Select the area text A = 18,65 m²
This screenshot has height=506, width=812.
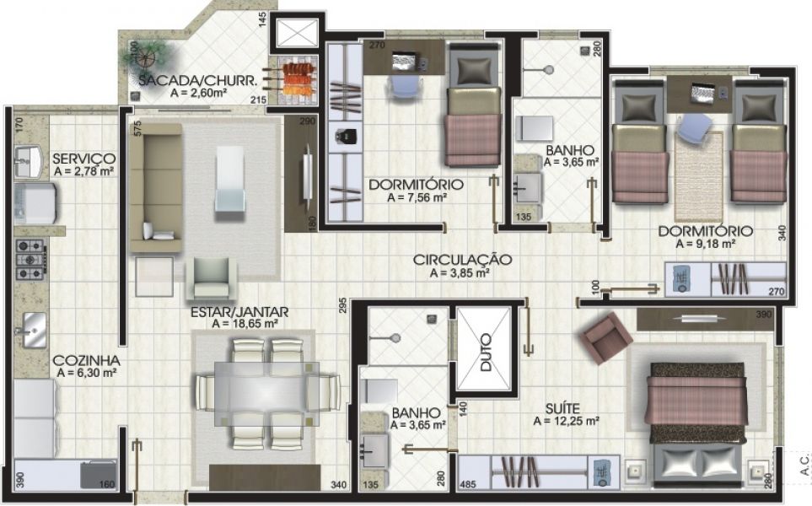tap(245, 323)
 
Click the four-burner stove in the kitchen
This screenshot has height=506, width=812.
tap(31, 259)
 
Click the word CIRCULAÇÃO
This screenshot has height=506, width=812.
tap(463, 260)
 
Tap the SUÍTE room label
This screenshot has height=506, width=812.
tap(565, 408)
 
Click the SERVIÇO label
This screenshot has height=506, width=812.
tap(83, 158)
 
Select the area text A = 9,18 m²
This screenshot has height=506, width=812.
tap(706, 243)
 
